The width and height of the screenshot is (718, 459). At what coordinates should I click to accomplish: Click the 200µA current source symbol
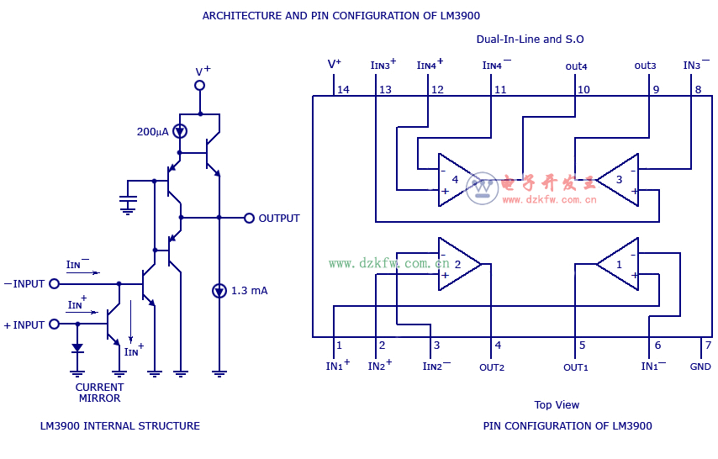tap(179, 131)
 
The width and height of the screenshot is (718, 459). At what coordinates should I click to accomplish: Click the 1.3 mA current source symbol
tap(219, 291)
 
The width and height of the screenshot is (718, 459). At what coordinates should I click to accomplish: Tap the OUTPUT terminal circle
tap(249, 218)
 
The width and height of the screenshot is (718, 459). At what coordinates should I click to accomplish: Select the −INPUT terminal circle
tap(55, 284)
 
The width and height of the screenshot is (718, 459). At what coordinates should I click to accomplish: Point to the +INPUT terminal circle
tap(55, 324)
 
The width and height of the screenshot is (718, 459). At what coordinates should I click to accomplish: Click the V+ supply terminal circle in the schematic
tap(200, 85)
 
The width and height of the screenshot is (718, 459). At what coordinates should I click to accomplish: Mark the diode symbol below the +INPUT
tap(77, 347)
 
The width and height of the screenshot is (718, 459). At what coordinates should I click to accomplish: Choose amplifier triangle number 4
tap(457, 180)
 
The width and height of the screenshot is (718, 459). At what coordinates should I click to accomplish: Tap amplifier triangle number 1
tap(619, 264)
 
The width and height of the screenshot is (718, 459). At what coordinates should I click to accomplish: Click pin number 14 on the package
tap(343, 89)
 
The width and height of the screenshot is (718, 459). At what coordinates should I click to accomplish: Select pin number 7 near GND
tap(708, 345)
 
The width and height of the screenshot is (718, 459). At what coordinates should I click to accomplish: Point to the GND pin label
tap(700, 367)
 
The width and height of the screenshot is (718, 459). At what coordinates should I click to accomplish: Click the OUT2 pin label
tap(492, 367)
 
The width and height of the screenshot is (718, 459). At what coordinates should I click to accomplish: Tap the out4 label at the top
tap(577, 66)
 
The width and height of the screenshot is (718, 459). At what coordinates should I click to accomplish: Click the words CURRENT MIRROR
tap(100, 393)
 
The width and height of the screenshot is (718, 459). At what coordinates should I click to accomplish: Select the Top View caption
tap(557, 404)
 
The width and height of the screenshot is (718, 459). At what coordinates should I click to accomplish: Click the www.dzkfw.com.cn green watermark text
tap(388, 263)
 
